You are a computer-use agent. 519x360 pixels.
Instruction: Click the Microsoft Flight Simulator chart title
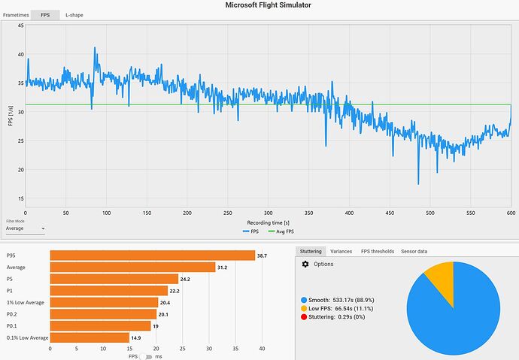coord(269,5)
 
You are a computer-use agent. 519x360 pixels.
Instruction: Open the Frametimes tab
coord(17,14)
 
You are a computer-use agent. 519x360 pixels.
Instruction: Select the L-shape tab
coord(75,14)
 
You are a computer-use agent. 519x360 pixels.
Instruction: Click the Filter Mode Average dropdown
coord(24,228)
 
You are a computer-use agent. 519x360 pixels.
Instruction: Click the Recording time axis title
coord(269,223)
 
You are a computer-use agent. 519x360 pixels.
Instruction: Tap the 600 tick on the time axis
coord(510,213)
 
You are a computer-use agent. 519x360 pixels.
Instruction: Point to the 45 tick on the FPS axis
coord(20,26)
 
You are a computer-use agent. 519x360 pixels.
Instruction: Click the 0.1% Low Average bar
coord(90,338)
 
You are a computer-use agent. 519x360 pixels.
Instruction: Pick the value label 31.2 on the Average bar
coord(223,267)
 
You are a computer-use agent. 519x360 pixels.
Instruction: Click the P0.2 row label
coord(13,314)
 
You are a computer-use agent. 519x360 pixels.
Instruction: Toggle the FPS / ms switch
coord(149,356)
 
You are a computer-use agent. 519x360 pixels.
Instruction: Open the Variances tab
coord(341,251)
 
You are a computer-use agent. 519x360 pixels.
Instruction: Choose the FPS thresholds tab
coord(378,251)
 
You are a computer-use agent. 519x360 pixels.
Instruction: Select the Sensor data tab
coord(414,251)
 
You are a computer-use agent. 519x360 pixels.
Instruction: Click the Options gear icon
coord(305,265)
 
